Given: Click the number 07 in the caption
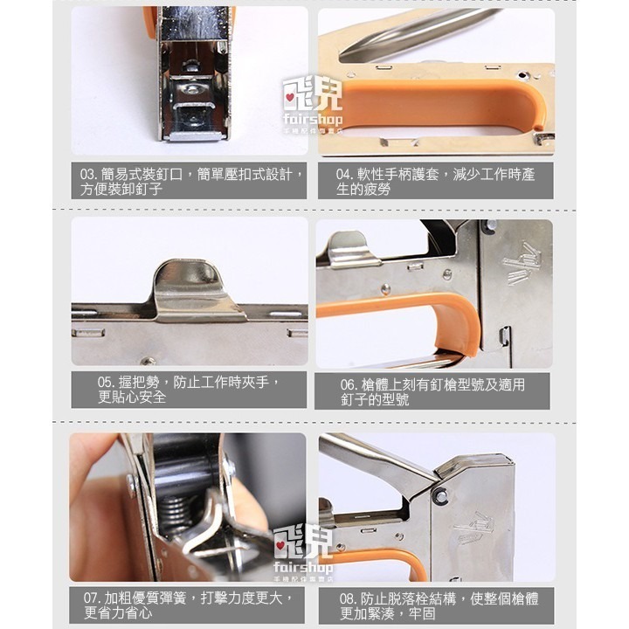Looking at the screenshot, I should click(90, 598).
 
